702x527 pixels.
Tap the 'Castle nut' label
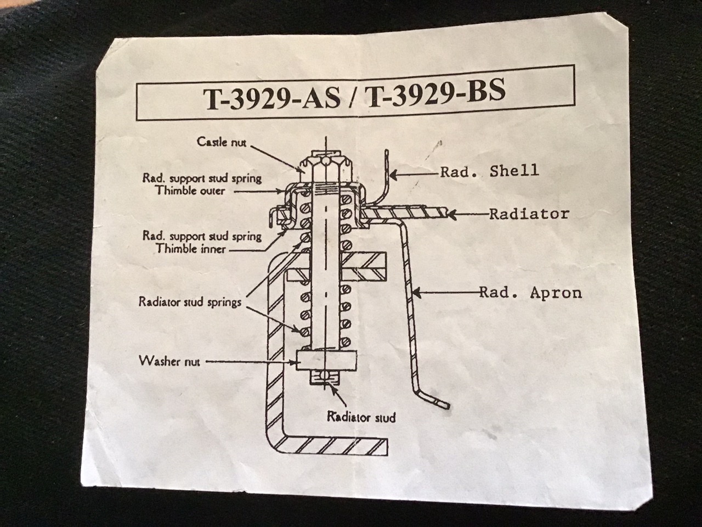coord(222,142)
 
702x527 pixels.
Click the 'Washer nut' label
coord(169,361)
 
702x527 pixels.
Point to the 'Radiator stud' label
coord(361,417)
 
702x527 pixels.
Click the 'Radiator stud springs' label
coord(190,302)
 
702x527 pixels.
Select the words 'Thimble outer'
coord(190,191)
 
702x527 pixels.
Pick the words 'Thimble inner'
coord(190,249)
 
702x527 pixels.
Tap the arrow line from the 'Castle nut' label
coord(277,156)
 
